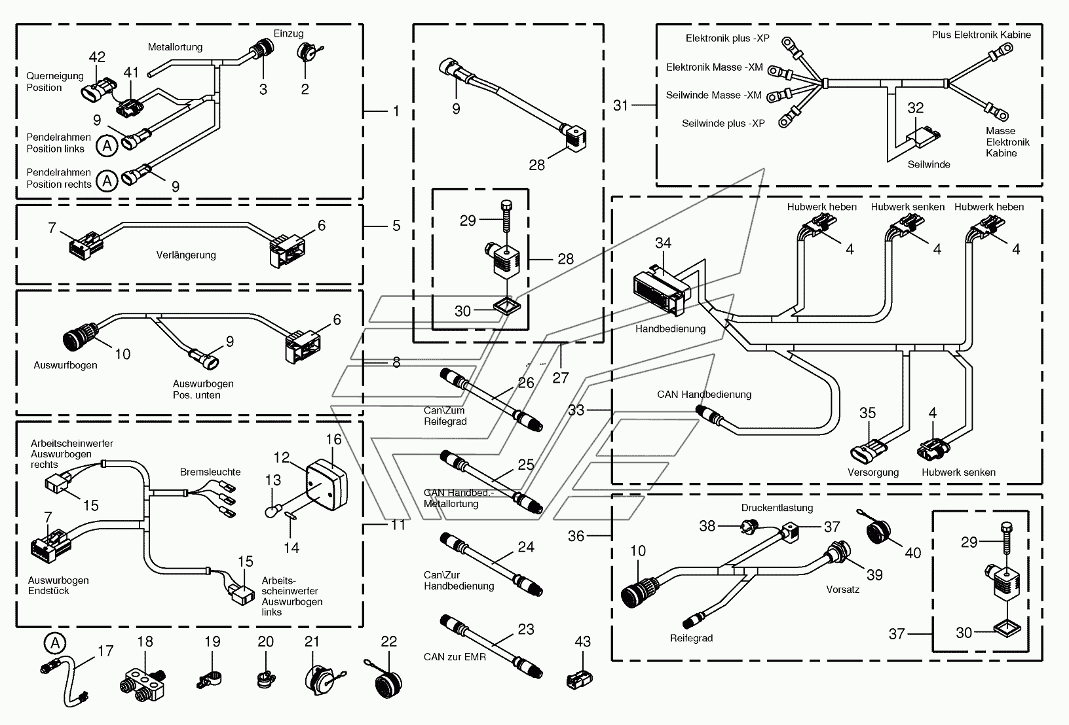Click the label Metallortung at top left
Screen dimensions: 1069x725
(175, 47)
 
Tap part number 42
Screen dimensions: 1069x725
(97, 57)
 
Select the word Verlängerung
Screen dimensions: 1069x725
(186, 255)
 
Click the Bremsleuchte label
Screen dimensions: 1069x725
(210, 472)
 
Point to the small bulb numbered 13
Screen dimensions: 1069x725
(272, 512)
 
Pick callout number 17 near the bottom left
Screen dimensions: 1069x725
(105, 650)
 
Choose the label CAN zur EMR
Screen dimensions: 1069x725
(455, 657)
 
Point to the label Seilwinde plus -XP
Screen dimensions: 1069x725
(723, 124)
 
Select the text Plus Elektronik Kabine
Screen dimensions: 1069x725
(981, 35)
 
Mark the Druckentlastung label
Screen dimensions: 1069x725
(777, 508)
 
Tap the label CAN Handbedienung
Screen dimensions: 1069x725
(704, 395)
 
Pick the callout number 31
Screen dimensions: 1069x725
(620, 105)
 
